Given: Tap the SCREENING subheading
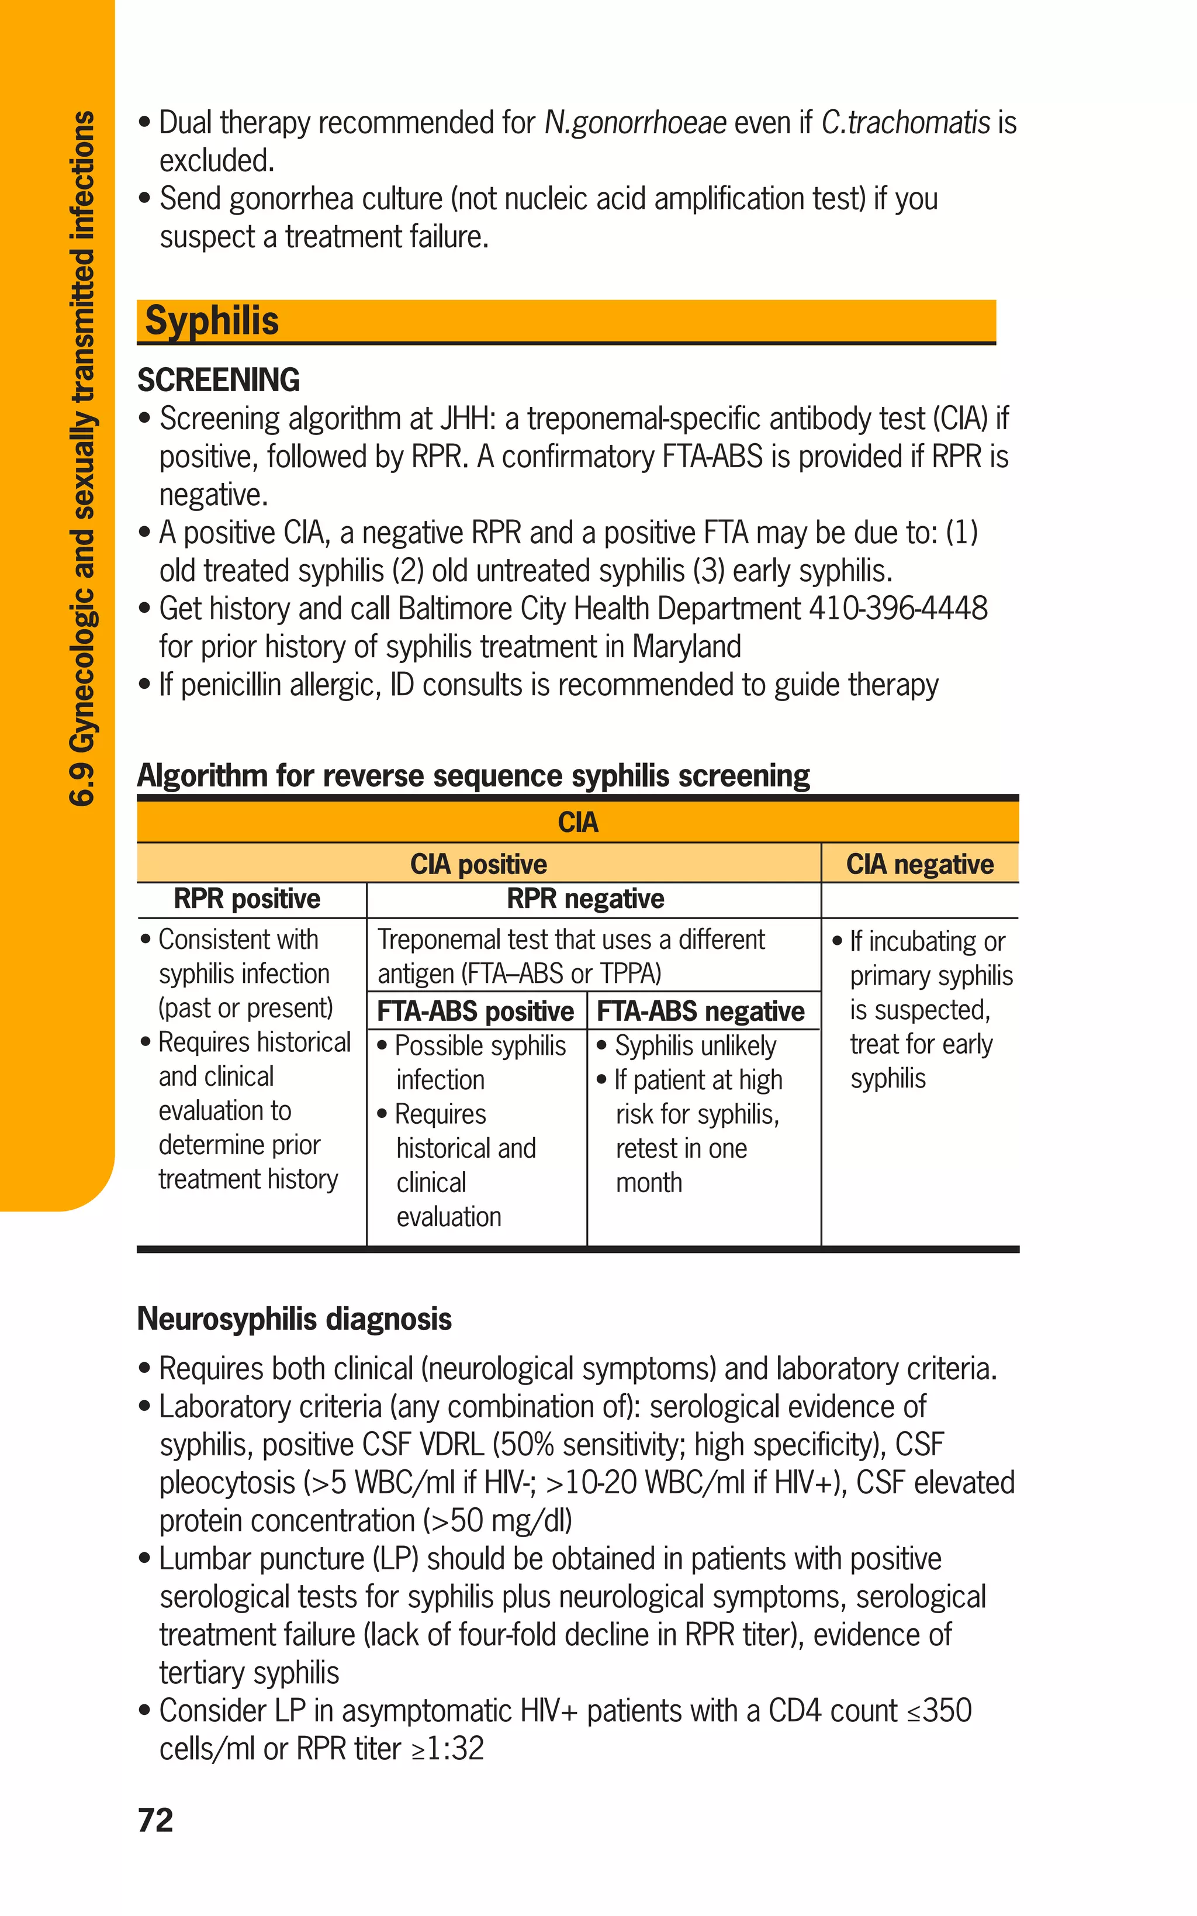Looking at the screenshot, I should click(219, 380).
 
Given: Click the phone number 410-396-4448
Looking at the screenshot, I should click(898, 609).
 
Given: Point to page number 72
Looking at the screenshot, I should click(155, 1820).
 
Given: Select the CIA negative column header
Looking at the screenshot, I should click(919, 864).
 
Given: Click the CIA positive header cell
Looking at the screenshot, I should click(478, 864).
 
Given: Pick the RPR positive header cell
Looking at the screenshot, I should click(247, 899).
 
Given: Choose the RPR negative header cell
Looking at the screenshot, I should click(585, 899).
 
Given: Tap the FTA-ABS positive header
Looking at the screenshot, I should click(475, 1012).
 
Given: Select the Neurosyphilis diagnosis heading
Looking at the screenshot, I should click(295, 1320).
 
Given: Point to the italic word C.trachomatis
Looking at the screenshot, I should click(905, 123).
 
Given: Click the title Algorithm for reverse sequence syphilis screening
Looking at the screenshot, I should click(473, 776).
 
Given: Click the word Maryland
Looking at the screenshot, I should click(686, 647).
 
